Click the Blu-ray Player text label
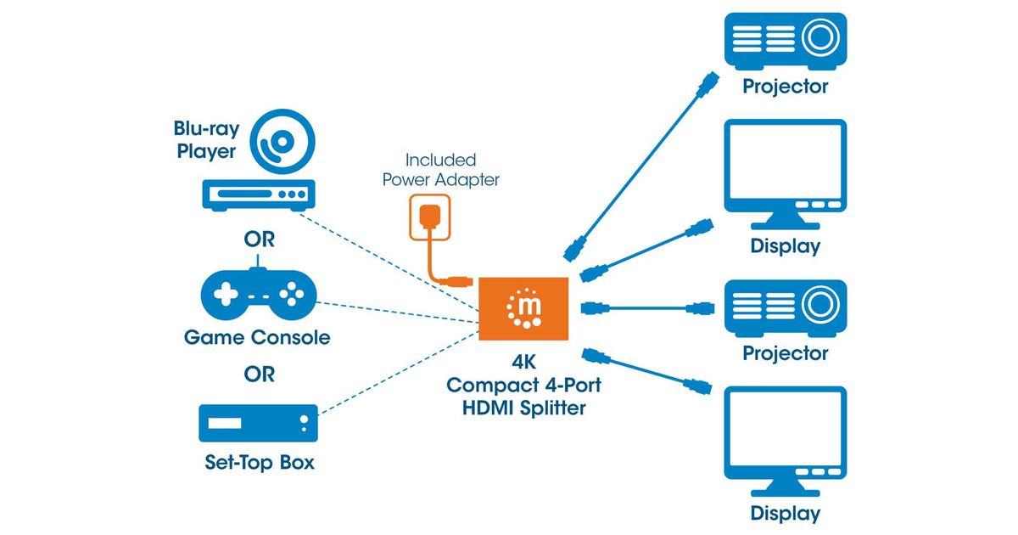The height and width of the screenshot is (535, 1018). (206, 141)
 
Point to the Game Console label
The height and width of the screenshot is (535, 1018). (257, 338)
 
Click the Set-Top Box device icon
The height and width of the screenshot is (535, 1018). (258, 423)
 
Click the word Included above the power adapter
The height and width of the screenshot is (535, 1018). (440, 160)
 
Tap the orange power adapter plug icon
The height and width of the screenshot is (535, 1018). (428, 219)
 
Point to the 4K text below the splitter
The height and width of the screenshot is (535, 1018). (524, 363)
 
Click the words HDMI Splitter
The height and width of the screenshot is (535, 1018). (524, 408)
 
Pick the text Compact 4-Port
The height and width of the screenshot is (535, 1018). (524, 386)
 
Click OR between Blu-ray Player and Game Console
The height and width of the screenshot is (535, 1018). (259, 239)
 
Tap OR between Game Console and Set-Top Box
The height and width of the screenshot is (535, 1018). (259, 374)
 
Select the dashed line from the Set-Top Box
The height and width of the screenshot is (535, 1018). (399, 371)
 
